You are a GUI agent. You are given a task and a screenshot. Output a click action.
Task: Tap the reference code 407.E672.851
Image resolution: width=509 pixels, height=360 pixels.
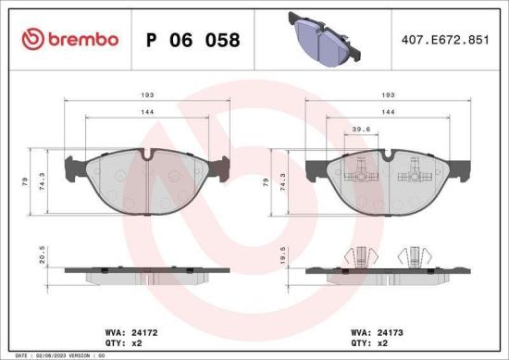442,40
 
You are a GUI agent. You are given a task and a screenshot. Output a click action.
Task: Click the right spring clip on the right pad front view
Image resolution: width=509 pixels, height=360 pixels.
416,168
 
